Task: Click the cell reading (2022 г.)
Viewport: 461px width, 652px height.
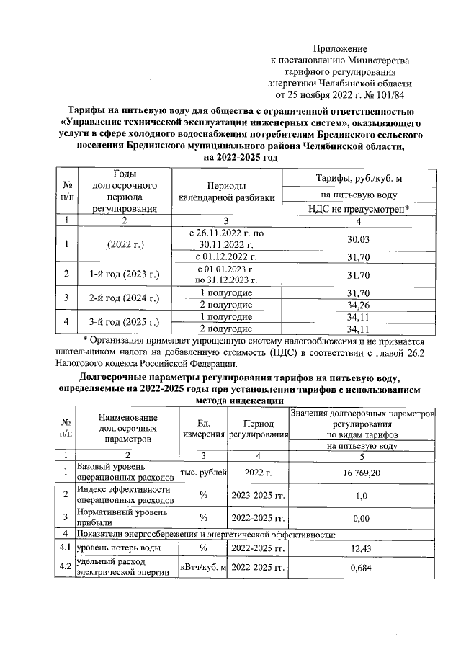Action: click(125, 245)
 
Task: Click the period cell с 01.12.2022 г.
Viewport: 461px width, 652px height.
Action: click(225, 256)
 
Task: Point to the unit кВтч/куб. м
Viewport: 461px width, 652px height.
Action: click(203, 568)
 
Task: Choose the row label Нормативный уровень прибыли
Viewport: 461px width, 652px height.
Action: click(122, 517)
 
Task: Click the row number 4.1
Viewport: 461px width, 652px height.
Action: click(66, 549)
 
